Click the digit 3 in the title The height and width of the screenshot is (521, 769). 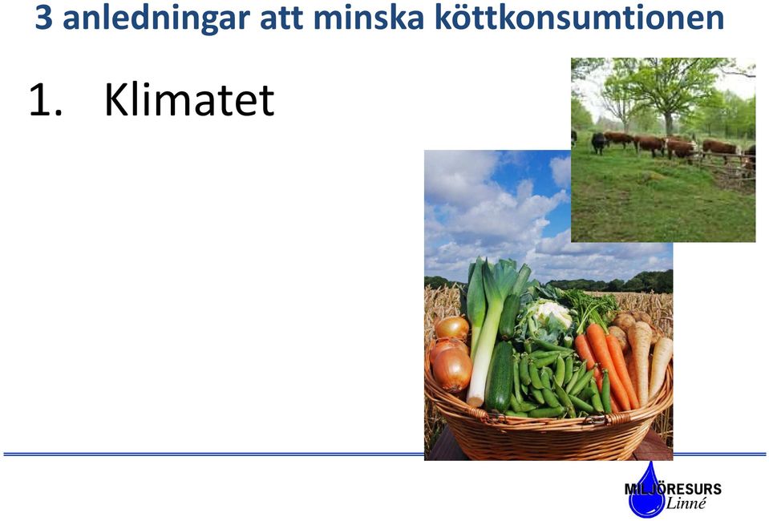pos(43,18)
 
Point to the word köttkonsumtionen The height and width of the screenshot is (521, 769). pos(579,18)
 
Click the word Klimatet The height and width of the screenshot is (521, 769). pos(188,100)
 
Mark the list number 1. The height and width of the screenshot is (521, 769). pos(45,100)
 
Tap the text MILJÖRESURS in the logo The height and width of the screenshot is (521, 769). pos(673,489)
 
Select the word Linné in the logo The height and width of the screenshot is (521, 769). pos(686,503)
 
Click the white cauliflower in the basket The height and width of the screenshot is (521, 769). pos(552,313)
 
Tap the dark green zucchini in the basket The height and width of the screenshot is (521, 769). pos(500,377)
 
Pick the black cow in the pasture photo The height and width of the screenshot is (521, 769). pos(598,143)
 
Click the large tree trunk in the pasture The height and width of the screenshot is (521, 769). pos(668,123)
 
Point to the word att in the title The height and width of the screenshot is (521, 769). pos(281,18)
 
